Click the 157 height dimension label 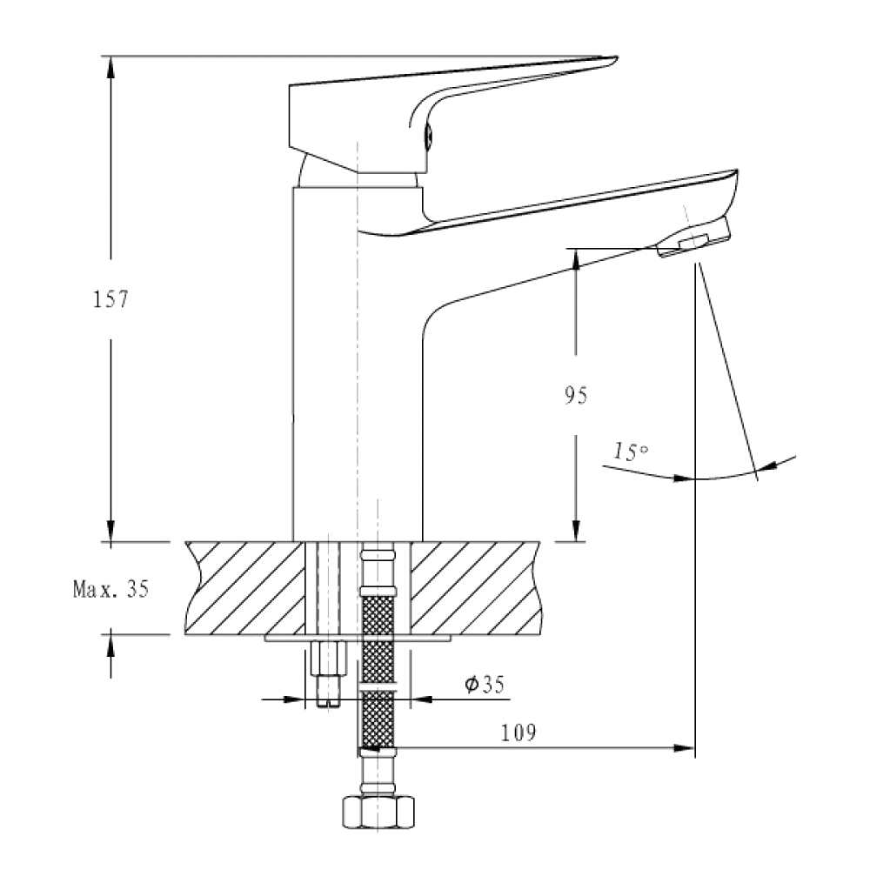click(110, 299)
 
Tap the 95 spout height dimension click(575, 396)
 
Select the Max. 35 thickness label click(111, 588)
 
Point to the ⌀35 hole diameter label click(485, 684)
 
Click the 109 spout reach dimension click(519, 733)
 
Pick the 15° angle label click(631, 452)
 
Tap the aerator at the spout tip click(693, 238)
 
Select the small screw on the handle click(428, 136)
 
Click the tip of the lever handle click(617, 57)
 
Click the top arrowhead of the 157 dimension click(110, 65)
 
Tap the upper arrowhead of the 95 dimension click(575, 259)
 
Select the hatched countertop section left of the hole click(244, 588)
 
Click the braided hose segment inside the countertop click(378, 614)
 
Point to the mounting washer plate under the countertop click(358, 638)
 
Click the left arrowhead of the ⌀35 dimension click(294, 699)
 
